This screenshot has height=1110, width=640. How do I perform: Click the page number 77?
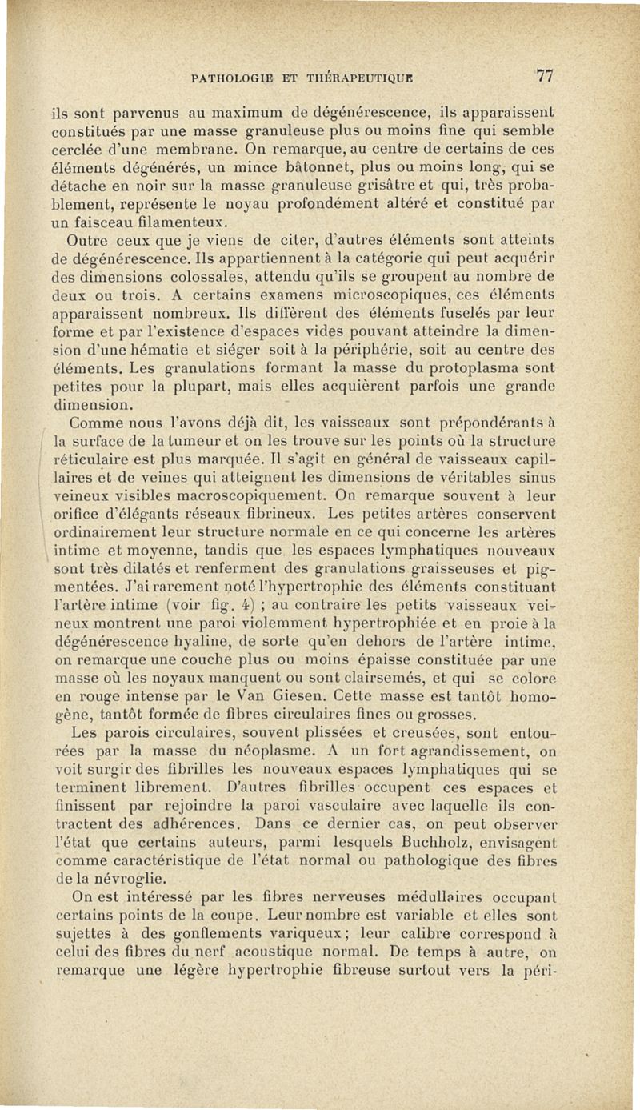pyautogui.click(x=546, y=76)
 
